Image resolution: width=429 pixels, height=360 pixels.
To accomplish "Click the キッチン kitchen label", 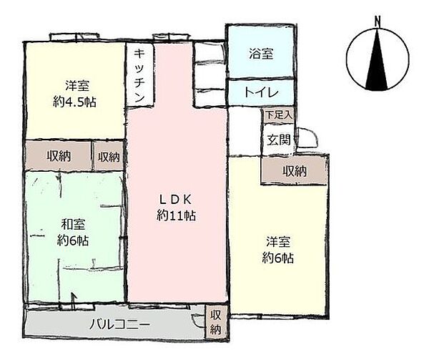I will coord(139,76).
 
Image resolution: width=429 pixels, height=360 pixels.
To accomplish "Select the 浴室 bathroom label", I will coord(260,54).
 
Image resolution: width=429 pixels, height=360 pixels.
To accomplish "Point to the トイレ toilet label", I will coord(260,92).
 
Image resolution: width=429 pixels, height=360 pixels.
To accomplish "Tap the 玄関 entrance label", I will coord(279,140).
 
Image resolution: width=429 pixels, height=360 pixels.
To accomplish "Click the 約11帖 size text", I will coord(177,215).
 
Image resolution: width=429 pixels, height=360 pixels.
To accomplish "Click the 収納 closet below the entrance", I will coord(294,171).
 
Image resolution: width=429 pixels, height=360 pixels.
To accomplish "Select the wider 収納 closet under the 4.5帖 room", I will coord(59,157).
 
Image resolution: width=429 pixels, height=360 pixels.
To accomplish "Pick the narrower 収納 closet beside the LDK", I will coord(108,157).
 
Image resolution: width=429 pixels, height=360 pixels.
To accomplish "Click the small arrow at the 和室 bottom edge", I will coord(72,299).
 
